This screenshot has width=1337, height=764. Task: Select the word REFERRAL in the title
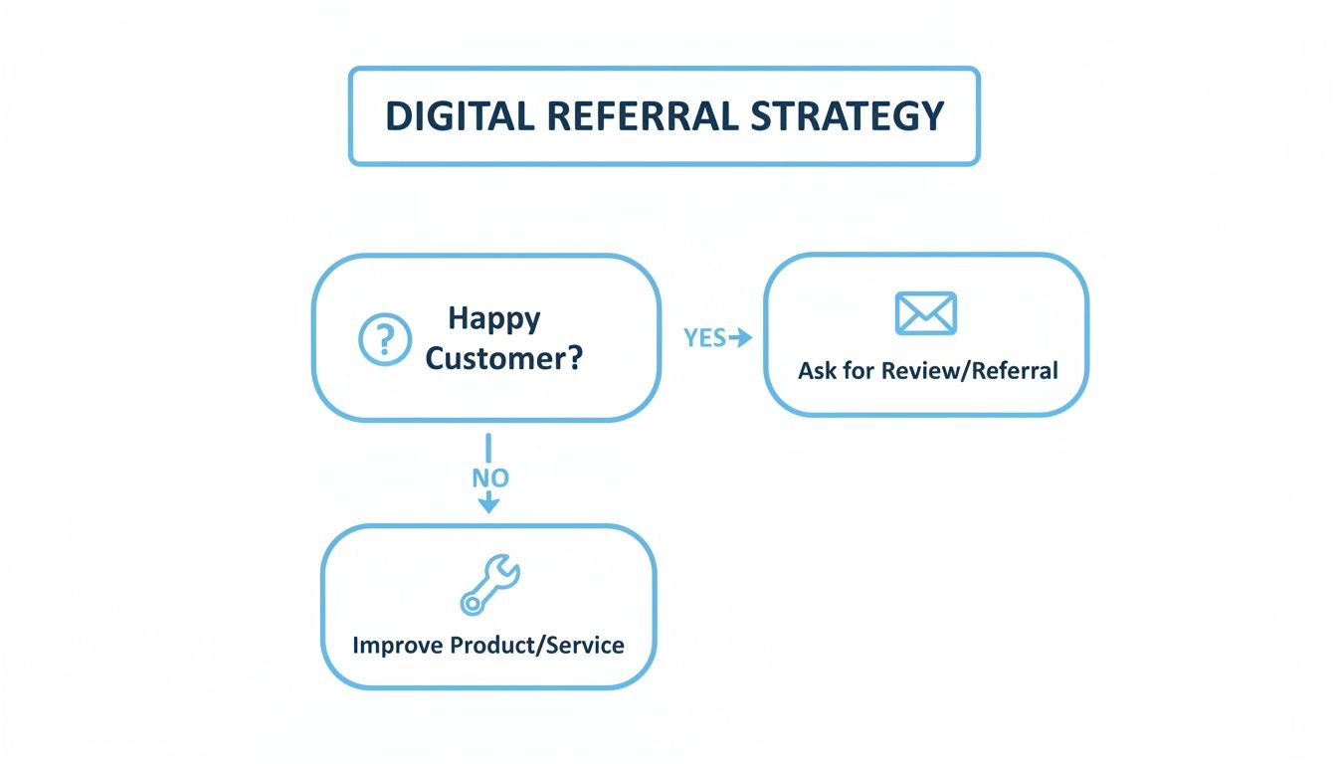(x=643, y=116)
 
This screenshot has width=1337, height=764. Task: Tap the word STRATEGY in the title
(x=848, y=116)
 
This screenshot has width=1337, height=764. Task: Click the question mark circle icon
(x=383, y=339)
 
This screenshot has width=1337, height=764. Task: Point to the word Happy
(x=494, y=318)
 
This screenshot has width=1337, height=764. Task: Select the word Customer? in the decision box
(x=503, y=359)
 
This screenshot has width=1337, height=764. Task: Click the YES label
(x=704, y=338)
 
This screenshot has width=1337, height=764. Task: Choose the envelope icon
(x=925, y=313)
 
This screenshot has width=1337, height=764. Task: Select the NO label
(x=489, y=477)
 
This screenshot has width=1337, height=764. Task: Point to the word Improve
(x=398, y=645)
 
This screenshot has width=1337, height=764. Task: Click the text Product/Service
(x=537, y=645)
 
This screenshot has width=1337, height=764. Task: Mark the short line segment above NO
(x=487, y=447)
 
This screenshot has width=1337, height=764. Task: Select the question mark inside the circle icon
(x=383, y=339)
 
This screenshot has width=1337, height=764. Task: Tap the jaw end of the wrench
(x=506, y=569)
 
